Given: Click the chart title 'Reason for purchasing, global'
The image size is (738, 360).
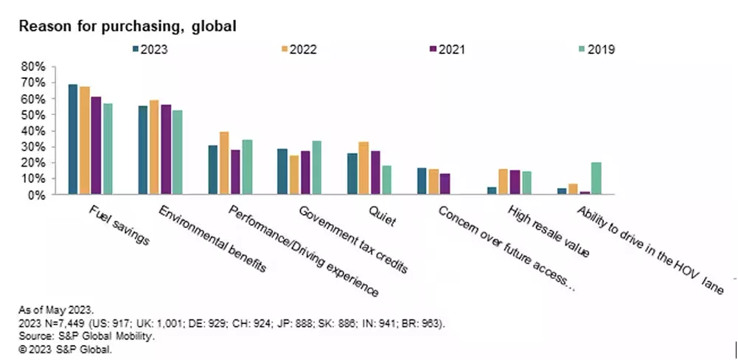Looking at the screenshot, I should (128, 27).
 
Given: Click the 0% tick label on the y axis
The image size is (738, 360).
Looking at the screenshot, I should (36, 195).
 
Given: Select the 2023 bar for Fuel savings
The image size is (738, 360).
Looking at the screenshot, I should (73, 139).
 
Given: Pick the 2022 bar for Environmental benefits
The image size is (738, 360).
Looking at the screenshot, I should (154, 148).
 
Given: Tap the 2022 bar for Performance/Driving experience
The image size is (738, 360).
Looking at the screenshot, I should (224, 163).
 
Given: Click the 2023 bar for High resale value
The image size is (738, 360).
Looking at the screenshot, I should (492, 191).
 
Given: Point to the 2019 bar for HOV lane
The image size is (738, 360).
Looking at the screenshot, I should (596, 179).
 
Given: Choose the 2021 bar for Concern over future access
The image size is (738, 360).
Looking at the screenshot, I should (445, 184).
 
